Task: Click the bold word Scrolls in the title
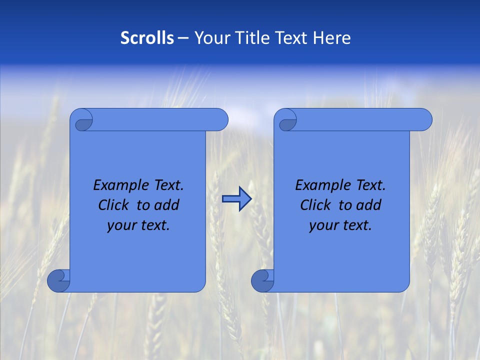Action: [x=147, y=38]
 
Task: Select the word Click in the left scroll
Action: [x=113, y=205]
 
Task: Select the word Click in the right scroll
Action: [x=315, y=205]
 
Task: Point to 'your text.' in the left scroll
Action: [x=138, y=225]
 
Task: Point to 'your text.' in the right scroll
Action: [x=340, y=225]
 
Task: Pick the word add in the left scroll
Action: [x=167, y=205]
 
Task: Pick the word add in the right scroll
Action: [x=369, y=205]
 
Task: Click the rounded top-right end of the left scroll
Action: [x=220, y=120]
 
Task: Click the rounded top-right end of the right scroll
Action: [x=424, y=120]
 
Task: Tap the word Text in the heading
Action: [x=290, y=38]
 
